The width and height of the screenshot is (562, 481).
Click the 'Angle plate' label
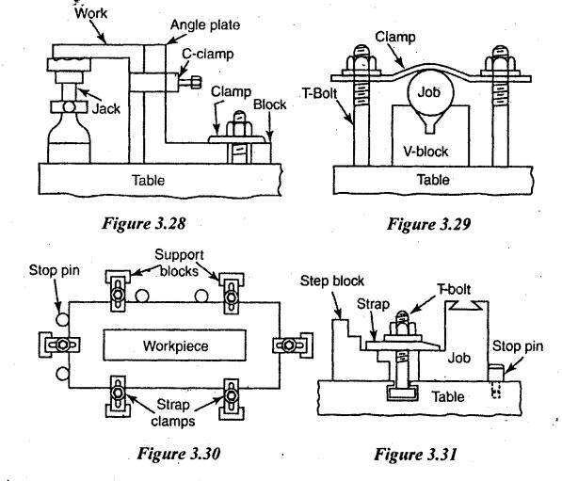pos(205,25)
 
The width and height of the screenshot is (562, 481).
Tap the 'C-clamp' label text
pos(207,54)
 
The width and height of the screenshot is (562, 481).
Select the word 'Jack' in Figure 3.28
pos(106,108)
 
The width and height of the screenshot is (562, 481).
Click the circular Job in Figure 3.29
pos(430,92)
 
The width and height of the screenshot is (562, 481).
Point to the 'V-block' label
pos(426,152)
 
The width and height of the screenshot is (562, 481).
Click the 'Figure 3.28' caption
pos(144,223)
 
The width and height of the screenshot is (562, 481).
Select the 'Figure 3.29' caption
pos(428,224)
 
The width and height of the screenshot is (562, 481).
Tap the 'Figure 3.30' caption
pos(179,454)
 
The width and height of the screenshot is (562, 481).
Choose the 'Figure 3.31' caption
pos(415,455)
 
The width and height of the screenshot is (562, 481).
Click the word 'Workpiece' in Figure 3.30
pos(176,346)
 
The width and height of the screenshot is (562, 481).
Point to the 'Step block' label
pos(332,281)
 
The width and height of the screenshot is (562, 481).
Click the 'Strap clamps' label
pos(173,413)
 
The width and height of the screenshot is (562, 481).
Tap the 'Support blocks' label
pos(179,263)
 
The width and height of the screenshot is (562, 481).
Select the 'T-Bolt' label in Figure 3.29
pos(320,93)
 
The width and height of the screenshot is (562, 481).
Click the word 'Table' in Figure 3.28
pos(149,180)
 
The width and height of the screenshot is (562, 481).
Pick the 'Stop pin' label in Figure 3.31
pos(518,346)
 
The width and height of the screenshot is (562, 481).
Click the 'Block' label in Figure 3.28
pos(270,104)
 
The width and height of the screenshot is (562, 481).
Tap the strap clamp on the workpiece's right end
pos(293,345)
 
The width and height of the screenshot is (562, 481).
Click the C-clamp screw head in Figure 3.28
pos(197,82)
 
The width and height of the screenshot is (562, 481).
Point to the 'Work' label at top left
pos(90,13)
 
